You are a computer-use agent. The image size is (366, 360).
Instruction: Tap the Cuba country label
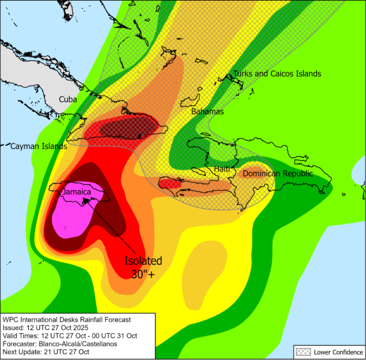click(x=68, y=99)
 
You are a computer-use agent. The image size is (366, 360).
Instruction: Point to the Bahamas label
click(x=207, y=111)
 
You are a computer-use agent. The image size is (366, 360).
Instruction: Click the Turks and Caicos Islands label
click(x=277, y=74)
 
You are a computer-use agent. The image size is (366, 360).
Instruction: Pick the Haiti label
click(x=222, y=169)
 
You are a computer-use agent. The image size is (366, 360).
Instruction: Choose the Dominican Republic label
click(x=277, y=173)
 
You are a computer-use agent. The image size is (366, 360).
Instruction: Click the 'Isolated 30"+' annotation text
click(x=144, y=267)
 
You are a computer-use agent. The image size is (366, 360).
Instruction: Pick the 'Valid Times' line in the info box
click(x=69, y=336)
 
